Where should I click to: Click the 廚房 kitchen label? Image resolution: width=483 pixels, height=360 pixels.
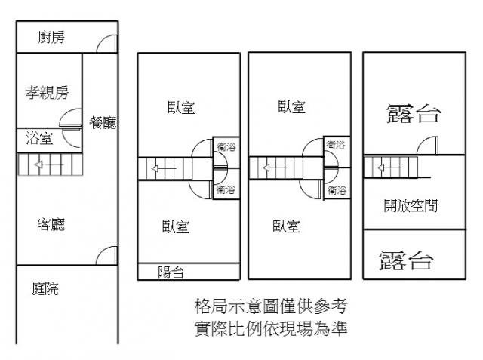click(x=51, y=37)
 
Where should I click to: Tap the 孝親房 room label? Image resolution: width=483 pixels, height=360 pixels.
click(x=47, y=93)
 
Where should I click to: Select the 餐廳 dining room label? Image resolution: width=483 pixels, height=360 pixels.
click(x=103, y=123)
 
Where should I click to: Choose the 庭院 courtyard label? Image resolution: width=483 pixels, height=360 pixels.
click(x=46, y=288)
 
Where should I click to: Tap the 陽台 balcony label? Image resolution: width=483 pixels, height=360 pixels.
click(x=171, y=272)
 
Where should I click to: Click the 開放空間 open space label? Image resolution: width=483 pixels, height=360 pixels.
click(x=411, y=205)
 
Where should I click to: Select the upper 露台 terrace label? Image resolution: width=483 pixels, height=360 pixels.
click(x=413, y=114)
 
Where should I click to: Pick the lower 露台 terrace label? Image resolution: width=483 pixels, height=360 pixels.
click(x=407, y=261)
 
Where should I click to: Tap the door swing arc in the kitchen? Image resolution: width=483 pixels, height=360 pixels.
click(x=109, y=44)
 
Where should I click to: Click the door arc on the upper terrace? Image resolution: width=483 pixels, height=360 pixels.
click(x=426, y=145)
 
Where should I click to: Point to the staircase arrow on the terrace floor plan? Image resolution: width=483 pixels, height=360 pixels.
click(x=385, y=167)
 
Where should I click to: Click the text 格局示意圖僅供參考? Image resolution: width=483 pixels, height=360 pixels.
click(x=270, y=307)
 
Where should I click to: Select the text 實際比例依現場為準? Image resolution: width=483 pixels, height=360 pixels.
click(x=270, y=328)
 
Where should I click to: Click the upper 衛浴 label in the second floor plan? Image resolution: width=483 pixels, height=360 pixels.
click(x=225, y=147)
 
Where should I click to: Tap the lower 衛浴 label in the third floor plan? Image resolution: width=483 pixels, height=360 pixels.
click(x=337, y=190)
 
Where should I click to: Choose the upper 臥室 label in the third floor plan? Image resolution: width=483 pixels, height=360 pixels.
click(x=291, y=107)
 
